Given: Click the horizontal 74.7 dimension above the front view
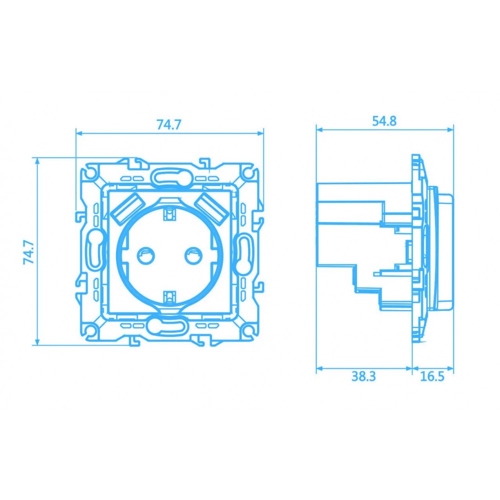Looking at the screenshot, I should pyautogui.click(x=168, y=124).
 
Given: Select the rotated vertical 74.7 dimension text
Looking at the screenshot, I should pyautogui.click(x=28, y=251).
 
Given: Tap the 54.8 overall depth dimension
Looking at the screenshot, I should pyautogui.click(x=384, y=121).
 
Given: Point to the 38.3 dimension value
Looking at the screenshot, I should pyautogui.click(x=363, y=376).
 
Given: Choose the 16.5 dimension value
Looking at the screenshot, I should pyautogui.click(x=432, y=376).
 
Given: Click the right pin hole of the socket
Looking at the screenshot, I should pyautogui.click(x=192, y=256).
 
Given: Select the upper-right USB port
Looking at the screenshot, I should pyautogui.click(x=211, y=207).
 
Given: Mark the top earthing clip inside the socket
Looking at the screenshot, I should pyautogui.click(x=169, y=213).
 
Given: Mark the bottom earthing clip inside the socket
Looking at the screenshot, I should pyautogui.click(x=169, y=297).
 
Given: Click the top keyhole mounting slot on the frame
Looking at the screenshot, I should pyautogui.click(x=168, y=176).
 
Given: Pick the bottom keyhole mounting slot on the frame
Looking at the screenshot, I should pyautogui.click(x=168, y=326).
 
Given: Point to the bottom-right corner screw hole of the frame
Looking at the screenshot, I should pyautogui.click(x=247, y=330).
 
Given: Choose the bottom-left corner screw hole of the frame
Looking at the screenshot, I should pyautogui.click(x=89, y=330).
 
